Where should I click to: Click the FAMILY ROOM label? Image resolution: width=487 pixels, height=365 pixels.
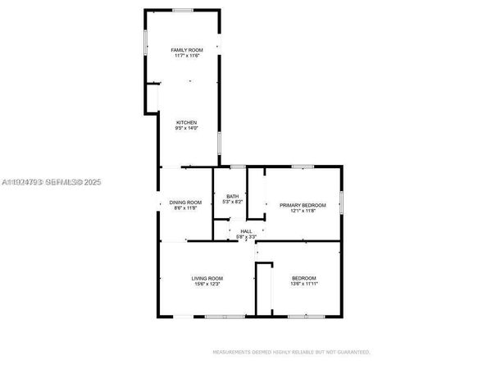click(x=186, y=50)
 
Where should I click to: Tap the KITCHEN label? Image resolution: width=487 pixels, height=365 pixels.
click(x=186, y=123)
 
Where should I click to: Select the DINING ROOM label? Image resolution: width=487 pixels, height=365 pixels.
click(x=186, y=202)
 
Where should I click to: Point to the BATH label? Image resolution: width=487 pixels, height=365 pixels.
click(x=232, y=195)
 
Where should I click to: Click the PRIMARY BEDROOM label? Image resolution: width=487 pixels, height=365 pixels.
click(x=303, y=205)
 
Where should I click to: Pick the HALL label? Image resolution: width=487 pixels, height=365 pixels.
click(x=246, y=231)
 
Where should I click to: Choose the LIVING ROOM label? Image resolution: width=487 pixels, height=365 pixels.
click(x=207, y=278)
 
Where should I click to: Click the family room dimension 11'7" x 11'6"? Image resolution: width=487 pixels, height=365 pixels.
click(x=186, y=56)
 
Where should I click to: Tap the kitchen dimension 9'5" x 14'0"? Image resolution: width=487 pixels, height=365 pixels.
click(x=186, y=129)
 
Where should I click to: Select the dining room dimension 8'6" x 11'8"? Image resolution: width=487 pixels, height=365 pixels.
click(x=186, y=208)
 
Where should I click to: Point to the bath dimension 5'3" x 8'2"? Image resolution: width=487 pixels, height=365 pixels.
click(x=232, y=201)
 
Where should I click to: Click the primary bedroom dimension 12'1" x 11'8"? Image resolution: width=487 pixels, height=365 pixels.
click(x=303, y=211)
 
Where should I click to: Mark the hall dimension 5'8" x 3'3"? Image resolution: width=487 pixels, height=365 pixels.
click(x=246, y=237)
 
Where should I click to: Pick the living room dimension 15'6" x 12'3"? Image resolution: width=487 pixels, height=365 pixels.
click(x=207, y=284)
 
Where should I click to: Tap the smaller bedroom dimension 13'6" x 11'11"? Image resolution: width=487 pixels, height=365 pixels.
click(x=303, y=284)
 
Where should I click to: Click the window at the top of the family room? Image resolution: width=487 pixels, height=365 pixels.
click(x=182, y=10)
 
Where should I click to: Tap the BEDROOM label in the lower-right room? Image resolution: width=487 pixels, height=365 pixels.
click(x=303, y=278)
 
